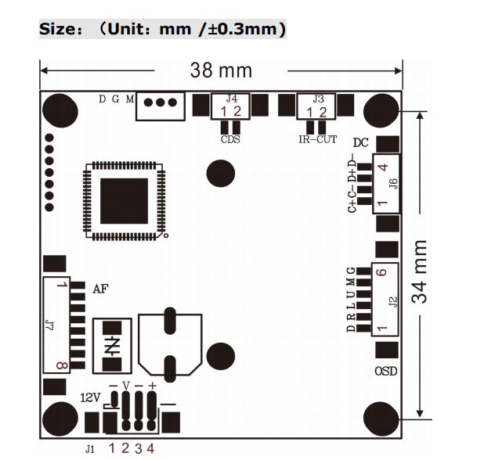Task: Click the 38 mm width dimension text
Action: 221,70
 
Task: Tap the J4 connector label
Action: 231,99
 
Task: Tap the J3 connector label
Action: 318,99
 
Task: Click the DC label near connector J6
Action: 360,142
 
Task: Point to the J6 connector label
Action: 393,183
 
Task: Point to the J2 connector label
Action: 393,300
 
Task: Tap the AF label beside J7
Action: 100,288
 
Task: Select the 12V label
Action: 91,397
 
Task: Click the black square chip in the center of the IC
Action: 125,200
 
